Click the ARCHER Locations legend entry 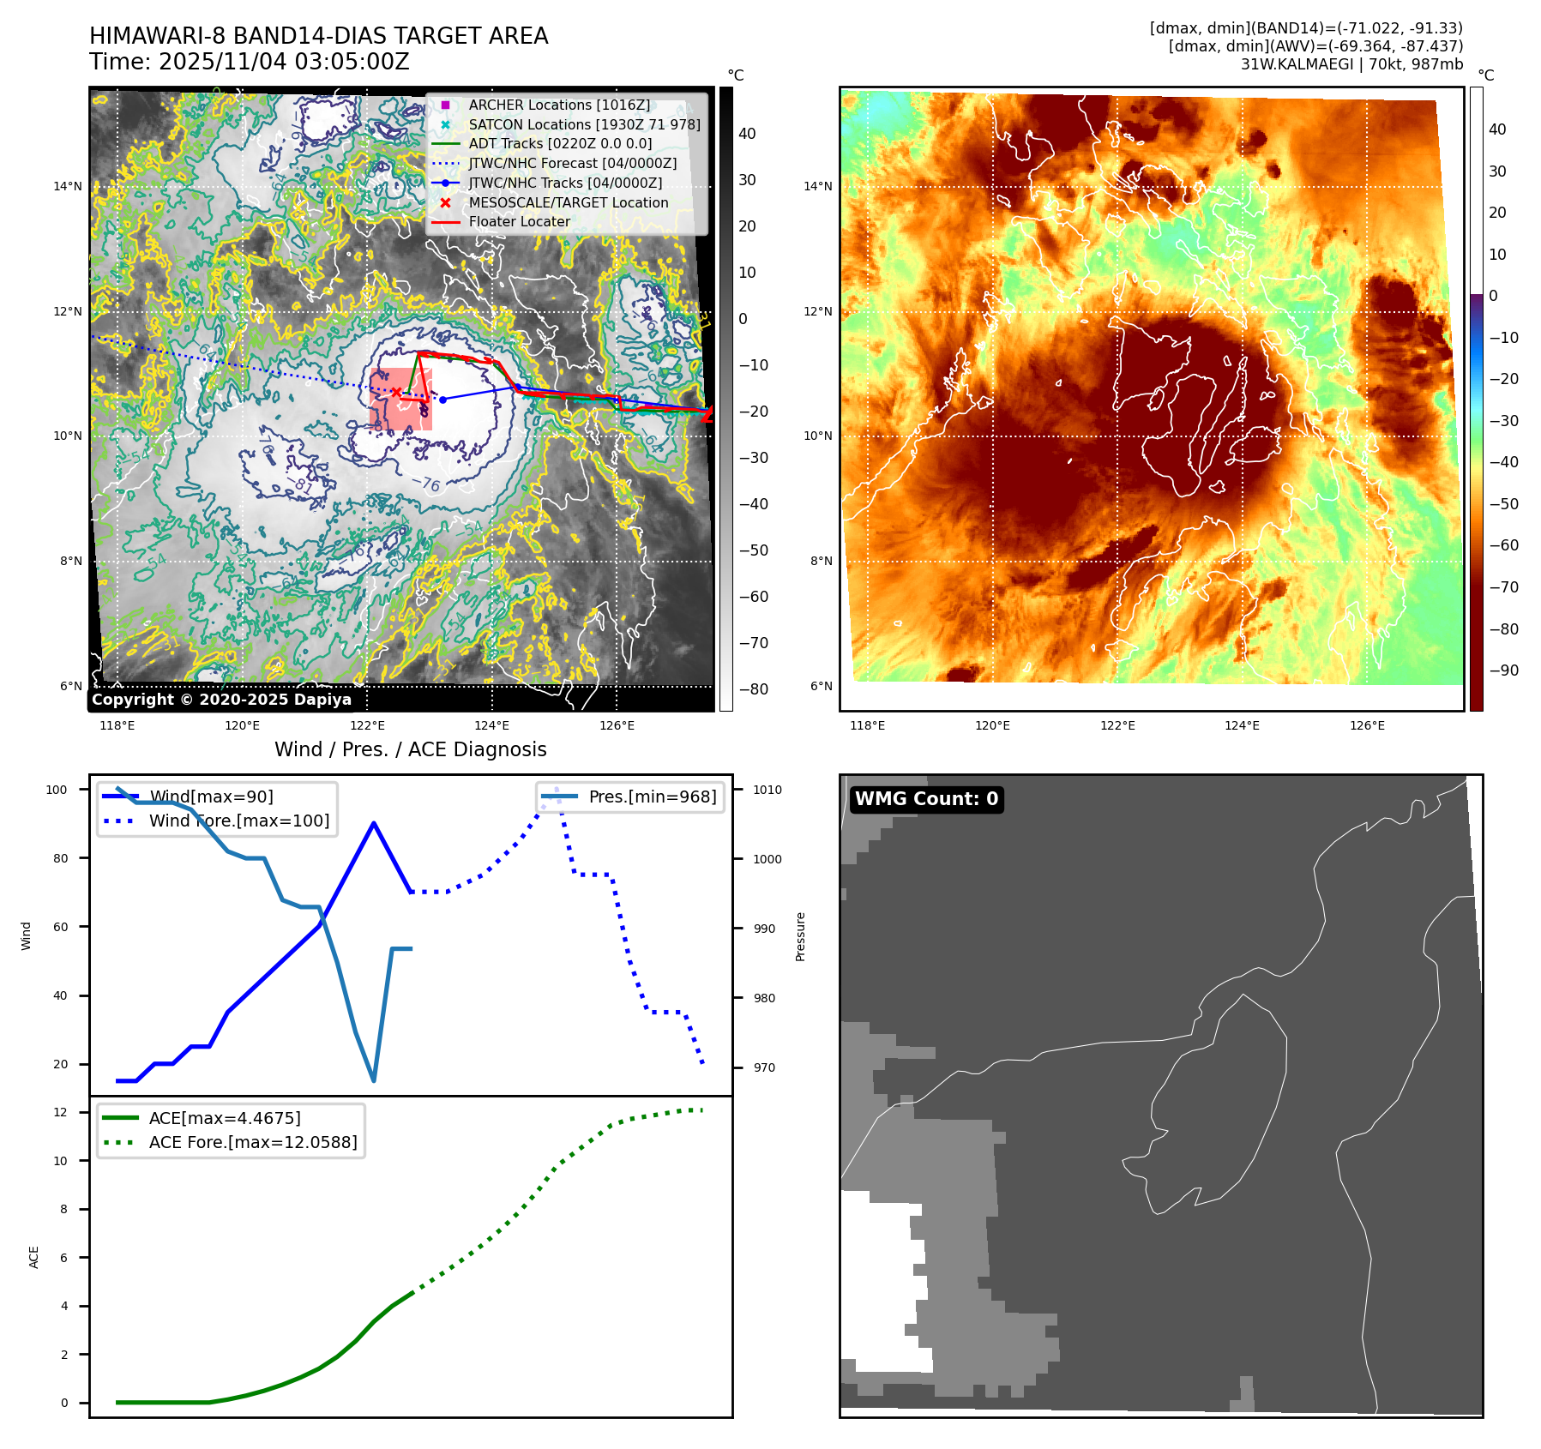[x=558, y=105]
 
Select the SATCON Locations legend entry [x=584, y=124]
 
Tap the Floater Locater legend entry [x=519, y=221]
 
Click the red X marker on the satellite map [x=396, y=392]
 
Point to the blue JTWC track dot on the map [x=442, y=400]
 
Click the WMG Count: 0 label [x=926, y=799]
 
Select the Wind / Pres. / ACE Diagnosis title [x=410, y=749]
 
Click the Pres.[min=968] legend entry [x=652, y=797]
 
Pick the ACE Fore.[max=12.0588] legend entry [x=253, y=1142]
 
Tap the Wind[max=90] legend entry [x=211, y=797]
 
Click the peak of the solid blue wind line [x=374, y=823]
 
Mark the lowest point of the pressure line [x=374, y=1080]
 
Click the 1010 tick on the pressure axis [x=767, y=790]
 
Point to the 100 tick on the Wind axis [x=57, y=790]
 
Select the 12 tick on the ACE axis [x=60, y=1112]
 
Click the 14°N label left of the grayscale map [x=68, y=186]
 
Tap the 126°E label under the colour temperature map [x=1367, y=725]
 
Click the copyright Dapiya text [x=221, y=700]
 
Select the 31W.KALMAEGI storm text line [x=1351, y=64]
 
